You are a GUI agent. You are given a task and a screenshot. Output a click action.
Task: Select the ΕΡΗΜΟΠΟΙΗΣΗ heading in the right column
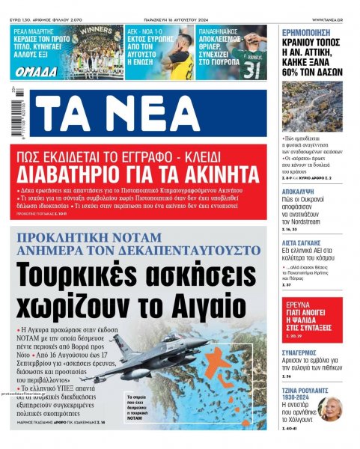(x=311, y=32)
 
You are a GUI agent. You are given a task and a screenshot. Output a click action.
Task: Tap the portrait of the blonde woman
(x=329, y=409)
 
